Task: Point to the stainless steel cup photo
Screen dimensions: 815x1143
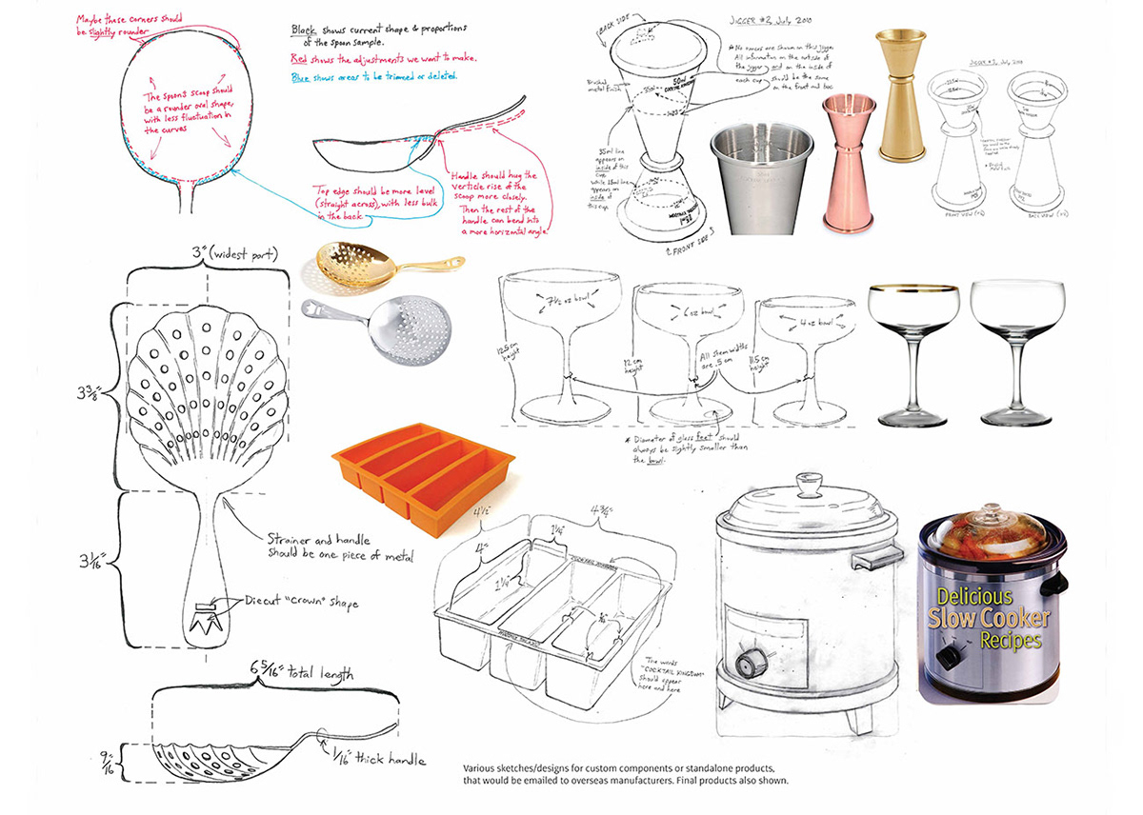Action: coord(762,177)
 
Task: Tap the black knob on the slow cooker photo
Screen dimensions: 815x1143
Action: coord(945,657)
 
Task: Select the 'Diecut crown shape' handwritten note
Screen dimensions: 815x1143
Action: coord(294,602)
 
